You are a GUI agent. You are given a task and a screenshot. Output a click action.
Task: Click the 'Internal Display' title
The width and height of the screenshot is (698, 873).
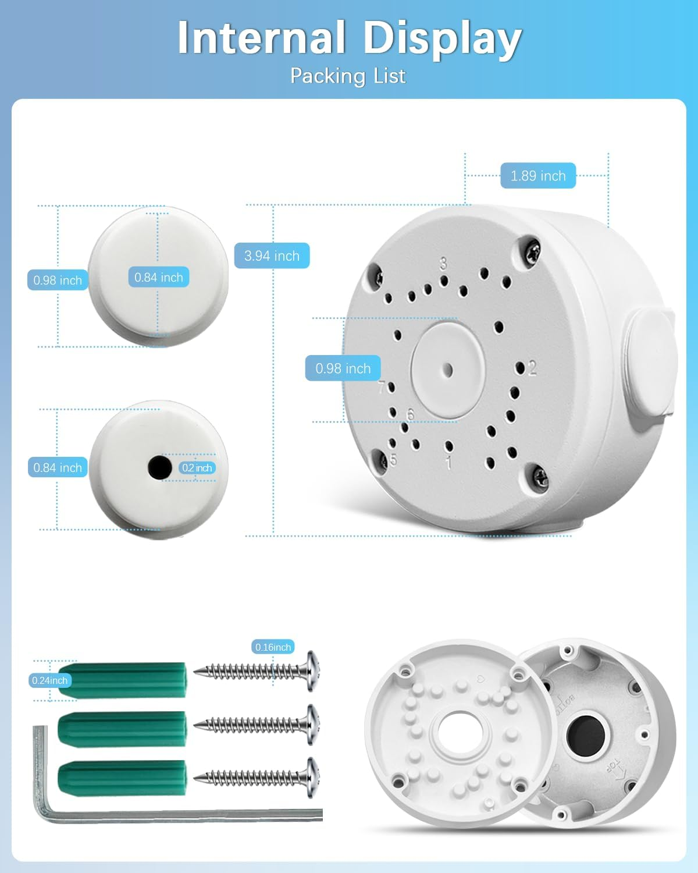tap(349, 38)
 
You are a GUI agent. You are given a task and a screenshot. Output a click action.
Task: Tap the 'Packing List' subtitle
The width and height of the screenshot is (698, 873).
tap(348, 76)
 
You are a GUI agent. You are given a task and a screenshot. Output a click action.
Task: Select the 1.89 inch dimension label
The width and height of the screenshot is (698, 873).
tap(538, 176)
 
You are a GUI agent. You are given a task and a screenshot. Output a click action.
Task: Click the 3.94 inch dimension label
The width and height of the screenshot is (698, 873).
tap(272, 255)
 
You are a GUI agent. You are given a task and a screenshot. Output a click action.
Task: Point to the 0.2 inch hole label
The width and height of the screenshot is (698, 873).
tap(197, 468)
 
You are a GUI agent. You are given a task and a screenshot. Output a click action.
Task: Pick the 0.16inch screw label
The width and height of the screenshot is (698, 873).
tap(273, 647)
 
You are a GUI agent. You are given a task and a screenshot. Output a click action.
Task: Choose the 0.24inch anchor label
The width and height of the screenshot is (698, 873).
tap(50, 680)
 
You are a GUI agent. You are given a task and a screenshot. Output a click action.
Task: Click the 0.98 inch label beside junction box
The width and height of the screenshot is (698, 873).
tap(343, 368)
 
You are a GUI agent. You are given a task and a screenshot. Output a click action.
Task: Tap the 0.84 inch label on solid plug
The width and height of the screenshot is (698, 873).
tap(158, 278)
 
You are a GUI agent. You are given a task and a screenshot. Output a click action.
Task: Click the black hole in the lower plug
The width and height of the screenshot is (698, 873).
tap(159, 467)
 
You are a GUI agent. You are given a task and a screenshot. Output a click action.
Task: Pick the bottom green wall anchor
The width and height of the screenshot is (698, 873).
tap(122, 777)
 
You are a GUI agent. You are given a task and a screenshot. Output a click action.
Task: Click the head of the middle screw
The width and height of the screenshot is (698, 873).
tap(313, 725)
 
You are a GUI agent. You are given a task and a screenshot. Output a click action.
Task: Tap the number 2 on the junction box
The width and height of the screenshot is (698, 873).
tap(532, 368)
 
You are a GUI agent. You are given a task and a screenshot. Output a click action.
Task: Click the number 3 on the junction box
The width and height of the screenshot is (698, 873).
tap(443, 263)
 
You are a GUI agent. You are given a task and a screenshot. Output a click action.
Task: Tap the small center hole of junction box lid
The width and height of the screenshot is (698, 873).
tap(447, 370)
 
